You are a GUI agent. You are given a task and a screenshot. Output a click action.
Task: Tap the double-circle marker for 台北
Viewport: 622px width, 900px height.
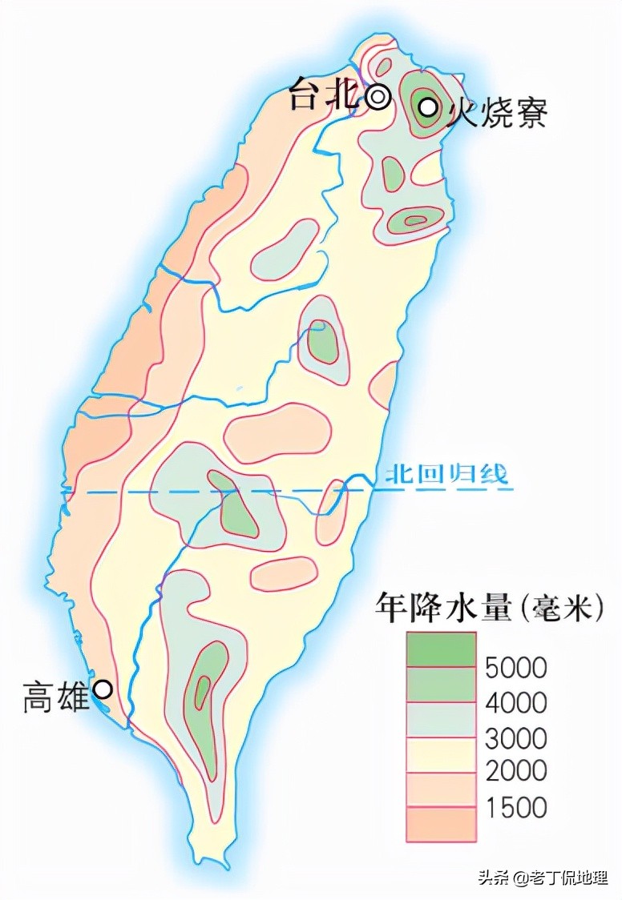click(x=378, y=97)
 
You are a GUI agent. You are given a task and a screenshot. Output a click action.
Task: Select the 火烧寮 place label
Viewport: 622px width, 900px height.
click(x=497, y=113)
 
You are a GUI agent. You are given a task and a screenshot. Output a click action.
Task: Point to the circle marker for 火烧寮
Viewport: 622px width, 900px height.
click(x=429, y=106)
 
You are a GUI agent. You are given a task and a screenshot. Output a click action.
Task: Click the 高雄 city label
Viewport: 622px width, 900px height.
click(x=55, y=697)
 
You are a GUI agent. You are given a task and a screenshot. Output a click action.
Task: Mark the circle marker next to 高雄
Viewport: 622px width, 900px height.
click(x=103, y=689)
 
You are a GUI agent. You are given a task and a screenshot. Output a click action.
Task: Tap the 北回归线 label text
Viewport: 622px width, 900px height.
click(x=446, y=475)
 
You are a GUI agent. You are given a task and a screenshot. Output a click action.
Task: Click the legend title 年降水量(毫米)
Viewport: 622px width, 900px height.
click(x=489, y=609)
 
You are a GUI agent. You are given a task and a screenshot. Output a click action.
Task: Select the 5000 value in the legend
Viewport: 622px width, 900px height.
click(x=516, y=667)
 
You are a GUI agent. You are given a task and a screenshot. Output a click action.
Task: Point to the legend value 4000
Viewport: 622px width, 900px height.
click(x=516, y=702)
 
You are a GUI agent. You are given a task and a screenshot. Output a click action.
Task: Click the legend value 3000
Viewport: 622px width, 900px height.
click(x=516, y=737)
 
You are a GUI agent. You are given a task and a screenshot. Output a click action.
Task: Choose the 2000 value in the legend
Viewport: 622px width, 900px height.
click(x=516, y=771)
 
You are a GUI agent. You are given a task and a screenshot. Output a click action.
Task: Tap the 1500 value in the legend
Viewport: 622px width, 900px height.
click(x=516, y=806)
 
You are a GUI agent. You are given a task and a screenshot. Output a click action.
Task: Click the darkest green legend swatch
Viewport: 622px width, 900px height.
click(x=441, y=649)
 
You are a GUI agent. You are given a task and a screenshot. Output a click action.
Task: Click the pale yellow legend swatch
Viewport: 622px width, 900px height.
click(x=441, y=754)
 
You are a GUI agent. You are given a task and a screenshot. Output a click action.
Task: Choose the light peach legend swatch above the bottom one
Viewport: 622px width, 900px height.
click(x=441, y=790)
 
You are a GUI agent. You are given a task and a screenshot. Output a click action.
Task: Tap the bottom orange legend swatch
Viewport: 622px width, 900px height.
click(x=441, y=824)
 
